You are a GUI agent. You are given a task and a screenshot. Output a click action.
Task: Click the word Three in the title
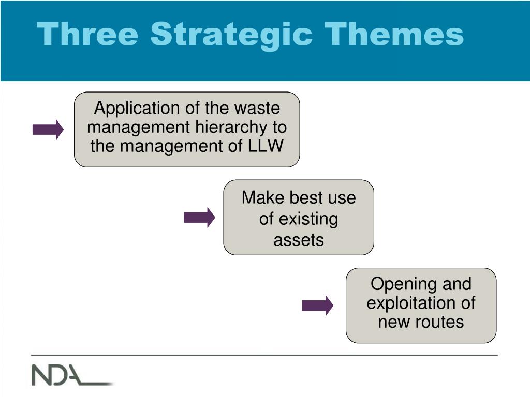[87, 34]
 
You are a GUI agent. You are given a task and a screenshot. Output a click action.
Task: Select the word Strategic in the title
[231, 36]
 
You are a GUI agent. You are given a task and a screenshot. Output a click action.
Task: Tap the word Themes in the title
[394, 34]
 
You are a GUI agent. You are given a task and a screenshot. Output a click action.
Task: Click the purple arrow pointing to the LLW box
[48, 129]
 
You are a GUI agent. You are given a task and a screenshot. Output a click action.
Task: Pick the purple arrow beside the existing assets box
[199, 218]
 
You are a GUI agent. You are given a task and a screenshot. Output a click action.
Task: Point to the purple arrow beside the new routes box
[318, 306]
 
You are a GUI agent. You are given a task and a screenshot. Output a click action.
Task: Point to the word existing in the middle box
[308, 219]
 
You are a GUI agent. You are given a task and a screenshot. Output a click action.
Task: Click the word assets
[299, 240]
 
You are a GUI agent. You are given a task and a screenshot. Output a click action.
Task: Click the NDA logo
[72, 375]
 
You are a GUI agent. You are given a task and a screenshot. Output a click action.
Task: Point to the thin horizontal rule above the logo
[264, 355]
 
